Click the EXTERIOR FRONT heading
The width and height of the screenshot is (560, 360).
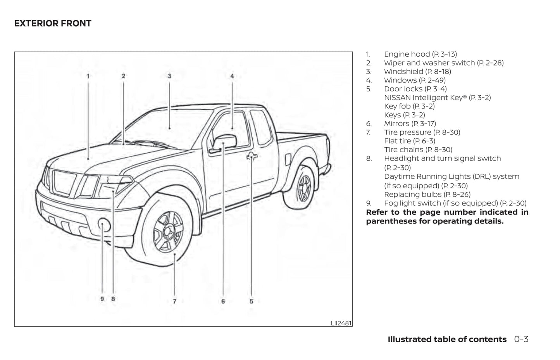point(53,24)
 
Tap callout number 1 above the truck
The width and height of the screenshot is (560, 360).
point(88,76)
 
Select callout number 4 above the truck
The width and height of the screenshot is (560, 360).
point(232,76)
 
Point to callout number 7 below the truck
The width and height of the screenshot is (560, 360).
point(174,301)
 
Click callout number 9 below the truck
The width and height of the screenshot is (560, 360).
point(102,299)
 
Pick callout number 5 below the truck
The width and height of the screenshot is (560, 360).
point(251,301)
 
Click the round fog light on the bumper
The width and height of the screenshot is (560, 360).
point(104,224)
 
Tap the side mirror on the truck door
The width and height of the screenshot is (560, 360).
point(224,143)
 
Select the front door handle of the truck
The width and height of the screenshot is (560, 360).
point(252,157)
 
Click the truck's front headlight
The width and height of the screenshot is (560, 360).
point(115,184)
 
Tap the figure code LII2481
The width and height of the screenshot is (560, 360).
point(341,323)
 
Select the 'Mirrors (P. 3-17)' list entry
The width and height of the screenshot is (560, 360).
point(410,124)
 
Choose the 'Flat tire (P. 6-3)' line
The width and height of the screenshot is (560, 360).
point(410,141)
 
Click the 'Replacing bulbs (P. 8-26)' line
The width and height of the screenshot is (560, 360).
point(427,195)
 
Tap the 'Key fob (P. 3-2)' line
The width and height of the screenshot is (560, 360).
point(409,106)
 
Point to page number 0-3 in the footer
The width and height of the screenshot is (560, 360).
point(521,339)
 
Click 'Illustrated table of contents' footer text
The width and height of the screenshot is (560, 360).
point(447,339)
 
